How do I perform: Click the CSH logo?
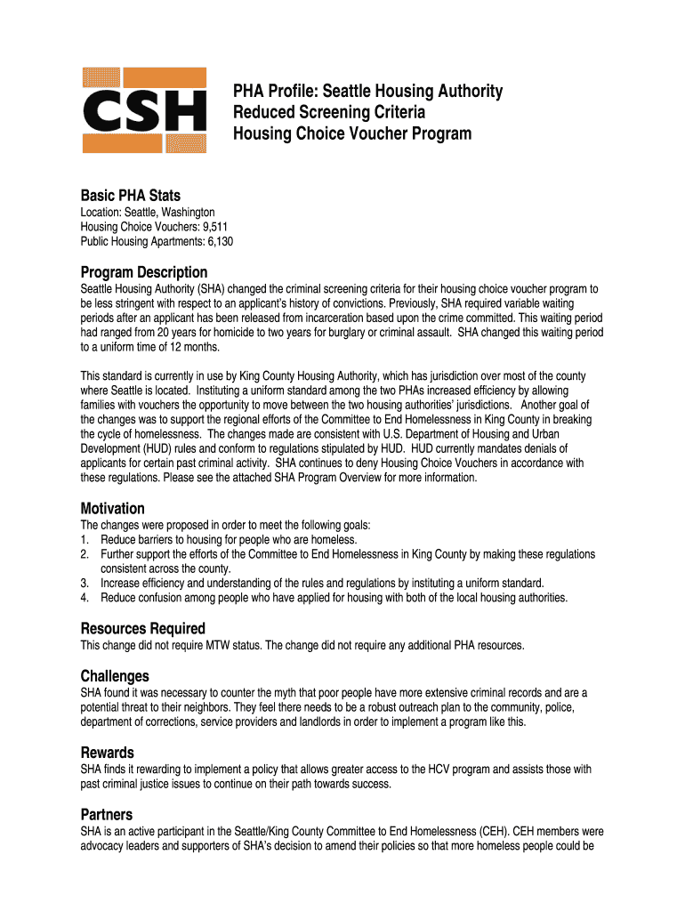point(144,110)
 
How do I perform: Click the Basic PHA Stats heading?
point(130,196)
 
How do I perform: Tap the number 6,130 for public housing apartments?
point(219,241)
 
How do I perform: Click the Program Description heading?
point(144,272)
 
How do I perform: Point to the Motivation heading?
point(113,509)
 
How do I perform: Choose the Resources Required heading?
point(143,628)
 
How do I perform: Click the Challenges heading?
point(115,676)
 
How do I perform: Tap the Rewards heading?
point(108,753)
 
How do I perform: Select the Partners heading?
point(107,815)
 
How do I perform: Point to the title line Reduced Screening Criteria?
point(329,113)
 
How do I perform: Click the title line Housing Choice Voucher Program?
point(352,134)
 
